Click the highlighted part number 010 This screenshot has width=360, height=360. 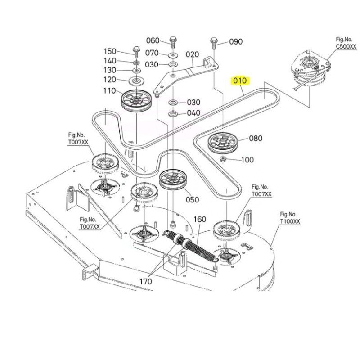point(240,81)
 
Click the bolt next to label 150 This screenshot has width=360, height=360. point(136,52)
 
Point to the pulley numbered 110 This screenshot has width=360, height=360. point(136,100)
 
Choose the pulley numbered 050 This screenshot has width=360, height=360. point(173,180)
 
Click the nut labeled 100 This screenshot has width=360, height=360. point(222,159)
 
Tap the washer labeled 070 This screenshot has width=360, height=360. point(173,55)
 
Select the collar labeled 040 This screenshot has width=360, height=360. point(173,113)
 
